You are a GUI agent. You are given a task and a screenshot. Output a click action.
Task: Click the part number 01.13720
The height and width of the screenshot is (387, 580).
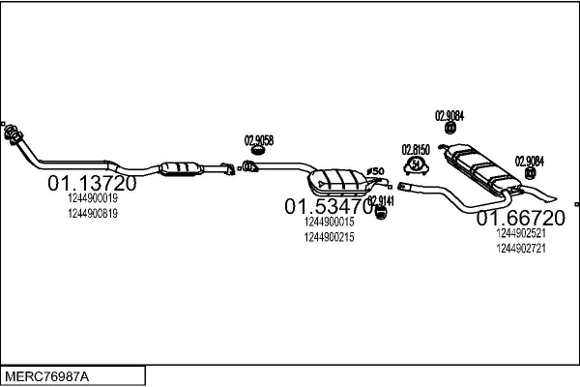click(93, 183)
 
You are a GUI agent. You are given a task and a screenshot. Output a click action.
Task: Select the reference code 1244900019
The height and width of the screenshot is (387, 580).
click(93, 198)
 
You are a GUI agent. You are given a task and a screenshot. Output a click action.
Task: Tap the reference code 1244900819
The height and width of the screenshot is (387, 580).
click(93, 214)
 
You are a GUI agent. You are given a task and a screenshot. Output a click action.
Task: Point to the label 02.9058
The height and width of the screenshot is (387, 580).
click(258, 139)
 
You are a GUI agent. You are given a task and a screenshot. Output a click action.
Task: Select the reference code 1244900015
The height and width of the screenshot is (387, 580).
click(329, 222)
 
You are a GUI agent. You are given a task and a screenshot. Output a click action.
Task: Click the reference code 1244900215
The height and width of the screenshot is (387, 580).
click(329, 237)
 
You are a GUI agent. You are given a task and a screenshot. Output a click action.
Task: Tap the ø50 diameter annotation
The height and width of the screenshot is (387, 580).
click(377, 171)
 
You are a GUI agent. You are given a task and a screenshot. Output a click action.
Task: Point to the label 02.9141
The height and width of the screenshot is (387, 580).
click(381, 200)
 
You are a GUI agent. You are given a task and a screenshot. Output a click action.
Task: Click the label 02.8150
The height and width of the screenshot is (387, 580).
click(415, 150)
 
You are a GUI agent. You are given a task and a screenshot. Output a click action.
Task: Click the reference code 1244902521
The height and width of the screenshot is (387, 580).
click(520, 233)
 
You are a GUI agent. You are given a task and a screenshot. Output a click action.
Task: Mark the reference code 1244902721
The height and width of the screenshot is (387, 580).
click(520, 249)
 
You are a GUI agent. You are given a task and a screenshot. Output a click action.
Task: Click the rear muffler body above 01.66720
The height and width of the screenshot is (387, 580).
click(481, 165)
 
